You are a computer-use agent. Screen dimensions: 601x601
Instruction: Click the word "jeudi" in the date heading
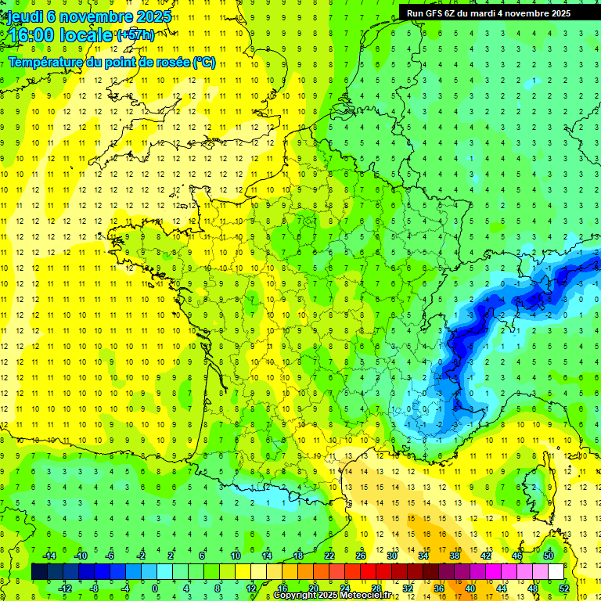[x=24, y=16]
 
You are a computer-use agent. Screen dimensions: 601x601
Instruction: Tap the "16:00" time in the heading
[x=29, y=34]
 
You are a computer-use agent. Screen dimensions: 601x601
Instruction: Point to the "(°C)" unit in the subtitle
[x=203, y=62]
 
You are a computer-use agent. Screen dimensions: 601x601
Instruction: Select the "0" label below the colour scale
[x=155, y=588]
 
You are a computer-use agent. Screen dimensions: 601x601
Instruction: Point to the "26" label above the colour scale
[x=361, y=556]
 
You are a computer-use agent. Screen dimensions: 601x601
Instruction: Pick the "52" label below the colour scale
[x=564, y=588]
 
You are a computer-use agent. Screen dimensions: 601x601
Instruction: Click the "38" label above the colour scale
[x=454, y=556]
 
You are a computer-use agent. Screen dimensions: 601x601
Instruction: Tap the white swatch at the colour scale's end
[x=556, y=572]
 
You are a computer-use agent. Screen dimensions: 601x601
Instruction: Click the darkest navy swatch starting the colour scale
[x=39, y=572]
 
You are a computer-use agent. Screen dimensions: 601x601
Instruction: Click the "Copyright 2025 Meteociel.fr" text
[x=337, y=596]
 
